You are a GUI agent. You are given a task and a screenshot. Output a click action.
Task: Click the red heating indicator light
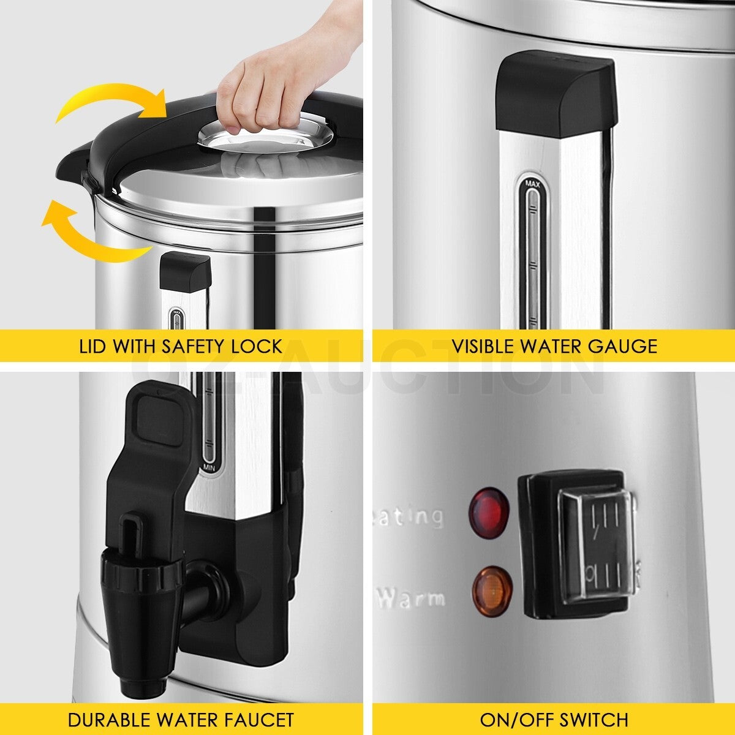pos(489,510)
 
